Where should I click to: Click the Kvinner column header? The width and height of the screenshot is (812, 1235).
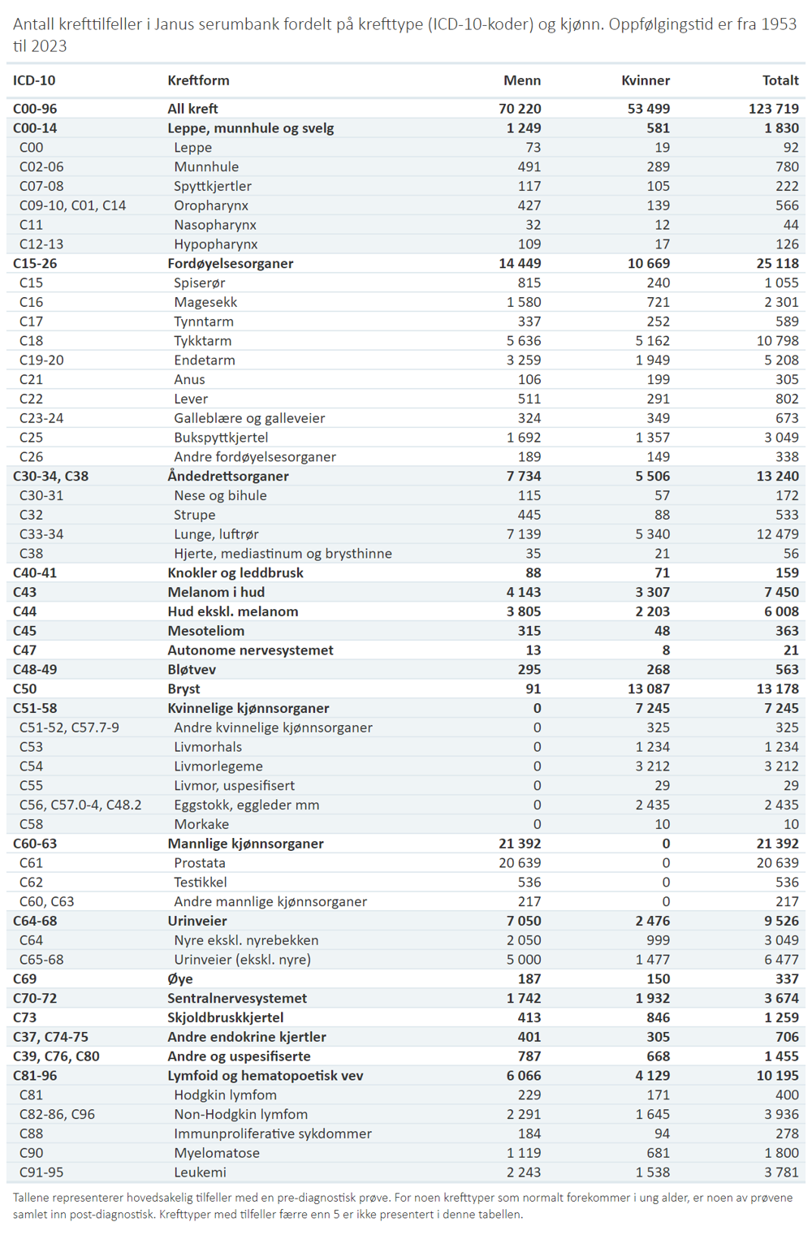tap(646, 80)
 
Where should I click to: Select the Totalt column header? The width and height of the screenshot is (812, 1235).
tap(780, 80)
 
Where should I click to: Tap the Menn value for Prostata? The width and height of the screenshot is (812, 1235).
tap(520, 863)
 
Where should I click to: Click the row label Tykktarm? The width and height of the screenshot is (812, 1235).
tap(203, 341)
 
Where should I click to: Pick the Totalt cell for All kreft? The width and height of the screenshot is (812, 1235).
tap(773, 109)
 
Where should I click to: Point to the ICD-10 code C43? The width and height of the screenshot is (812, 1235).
tap(25, 592)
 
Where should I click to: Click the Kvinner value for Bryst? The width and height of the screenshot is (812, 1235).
tap(649, 689)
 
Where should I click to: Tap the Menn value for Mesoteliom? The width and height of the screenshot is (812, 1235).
tap(529, 631)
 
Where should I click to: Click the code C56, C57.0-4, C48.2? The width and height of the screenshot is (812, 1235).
tap(80, 805)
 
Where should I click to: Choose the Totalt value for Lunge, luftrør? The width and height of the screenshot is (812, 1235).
tap(777, 534)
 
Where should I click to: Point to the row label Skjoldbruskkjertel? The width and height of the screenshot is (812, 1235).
tap(226, 1017)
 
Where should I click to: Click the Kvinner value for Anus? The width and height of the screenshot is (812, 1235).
tap(659, 379)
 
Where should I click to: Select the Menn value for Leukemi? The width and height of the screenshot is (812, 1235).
tap(524, 1172)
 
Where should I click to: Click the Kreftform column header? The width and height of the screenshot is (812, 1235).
tap(198, 80)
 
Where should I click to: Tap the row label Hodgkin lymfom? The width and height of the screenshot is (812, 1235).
tap(226, 1095)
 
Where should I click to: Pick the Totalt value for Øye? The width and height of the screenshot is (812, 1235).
tap(787, 978)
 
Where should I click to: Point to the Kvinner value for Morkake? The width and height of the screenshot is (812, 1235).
tap(662, 824)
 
